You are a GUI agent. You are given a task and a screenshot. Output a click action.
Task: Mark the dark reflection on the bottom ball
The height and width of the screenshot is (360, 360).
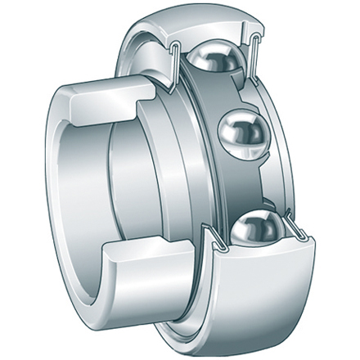[254, 237]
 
